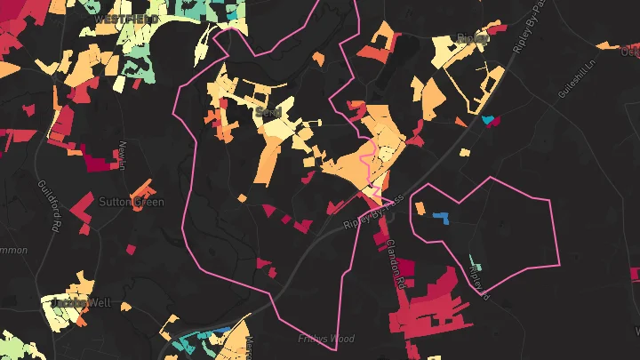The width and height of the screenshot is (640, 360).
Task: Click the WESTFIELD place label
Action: (x=125, y=18)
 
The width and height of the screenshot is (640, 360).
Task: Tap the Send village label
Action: (x=266, y=113)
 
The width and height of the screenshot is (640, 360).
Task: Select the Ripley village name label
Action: (x=472, y=38)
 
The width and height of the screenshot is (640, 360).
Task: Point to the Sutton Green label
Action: (x=132, y=202)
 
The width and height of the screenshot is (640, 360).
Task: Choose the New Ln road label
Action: (x=123, y=160)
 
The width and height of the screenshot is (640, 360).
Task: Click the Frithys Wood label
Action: (x=326, y=339)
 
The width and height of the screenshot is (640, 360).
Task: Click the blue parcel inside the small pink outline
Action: (x=439, y=215)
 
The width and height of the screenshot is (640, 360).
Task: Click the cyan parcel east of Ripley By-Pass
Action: (x=487, y=119)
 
